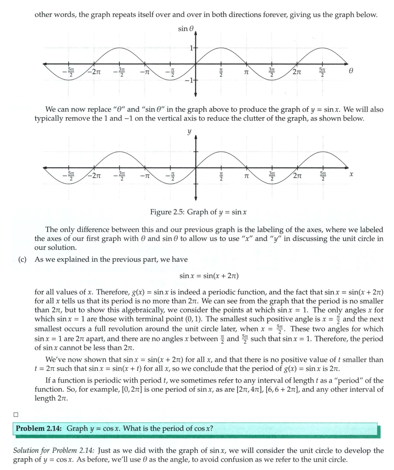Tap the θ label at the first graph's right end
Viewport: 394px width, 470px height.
coord(350,71)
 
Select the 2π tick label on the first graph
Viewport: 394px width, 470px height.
coord(299,72)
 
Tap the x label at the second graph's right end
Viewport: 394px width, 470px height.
coord(351,175)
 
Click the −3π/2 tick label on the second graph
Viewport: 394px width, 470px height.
coord(119,175)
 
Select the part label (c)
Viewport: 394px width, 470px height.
coord(24,259)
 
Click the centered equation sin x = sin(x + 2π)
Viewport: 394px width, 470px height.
coord(209,276)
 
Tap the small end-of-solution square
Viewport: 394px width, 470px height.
coord(16,414)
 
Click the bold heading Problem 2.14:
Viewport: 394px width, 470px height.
coord(39,429)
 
